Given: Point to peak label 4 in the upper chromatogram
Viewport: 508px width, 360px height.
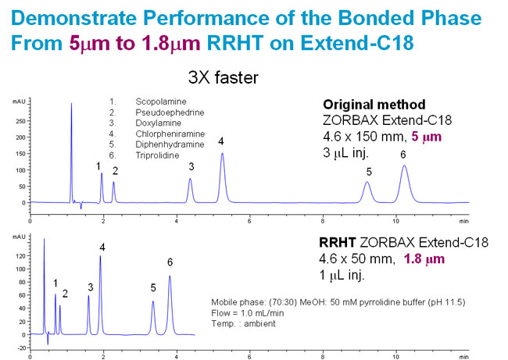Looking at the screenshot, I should (221, 141).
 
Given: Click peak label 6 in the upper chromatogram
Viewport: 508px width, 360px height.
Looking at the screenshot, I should (403, 155).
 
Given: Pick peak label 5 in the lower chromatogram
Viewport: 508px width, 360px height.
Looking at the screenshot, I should (153, 287).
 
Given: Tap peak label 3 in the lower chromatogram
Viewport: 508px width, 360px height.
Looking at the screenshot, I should (90, 287).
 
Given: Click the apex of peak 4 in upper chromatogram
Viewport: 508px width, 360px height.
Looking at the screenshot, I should (223, 153).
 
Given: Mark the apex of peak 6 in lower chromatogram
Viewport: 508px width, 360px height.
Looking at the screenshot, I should (170, 276).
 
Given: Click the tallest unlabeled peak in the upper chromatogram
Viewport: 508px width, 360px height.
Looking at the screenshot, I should (71, 102).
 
